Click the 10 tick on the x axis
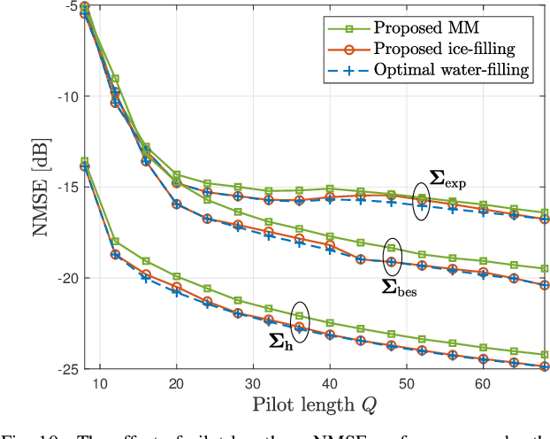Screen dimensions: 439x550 pos(100,385)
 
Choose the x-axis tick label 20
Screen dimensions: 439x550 pos(176,385)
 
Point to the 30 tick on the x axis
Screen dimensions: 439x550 pos(253,385)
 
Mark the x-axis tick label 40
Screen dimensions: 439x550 pos(329,385)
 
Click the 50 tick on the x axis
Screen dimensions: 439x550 pos(406,385)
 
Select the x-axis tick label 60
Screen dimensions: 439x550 pos(482,385)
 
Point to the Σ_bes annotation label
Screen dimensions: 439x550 pos(399,286)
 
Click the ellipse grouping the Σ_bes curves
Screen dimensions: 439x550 pos(392,257)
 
